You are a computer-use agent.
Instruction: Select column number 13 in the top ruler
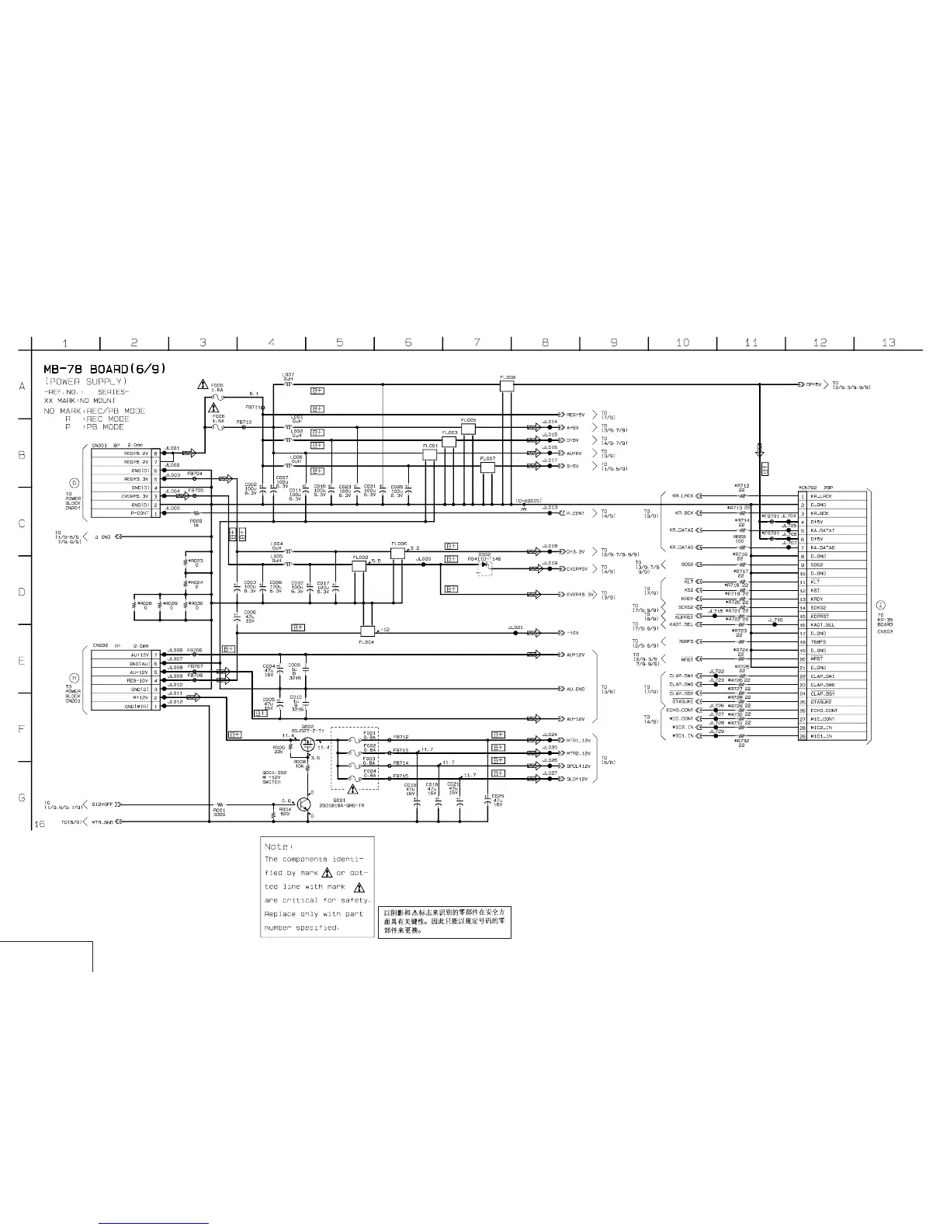coord(888,342)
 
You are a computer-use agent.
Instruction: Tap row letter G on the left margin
coord(22,797)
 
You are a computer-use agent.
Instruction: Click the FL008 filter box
coord(507,386)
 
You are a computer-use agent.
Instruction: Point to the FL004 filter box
coord(367,630)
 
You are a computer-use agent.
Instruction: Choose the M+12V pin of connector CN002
coord(140,698)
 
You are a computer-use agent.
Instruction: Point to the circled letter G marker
coord(75,483)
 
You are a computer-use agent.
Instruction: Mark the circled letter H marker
coord(75,677)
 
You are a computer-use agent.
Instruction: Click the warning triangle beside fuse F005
coord(202,385)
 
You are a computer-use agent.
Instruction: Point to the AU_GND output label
coord(575,689)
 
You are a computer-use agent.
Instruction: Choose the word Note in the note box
coord(277,846)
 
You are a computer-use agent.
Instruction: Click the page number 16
coord(40,824)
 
